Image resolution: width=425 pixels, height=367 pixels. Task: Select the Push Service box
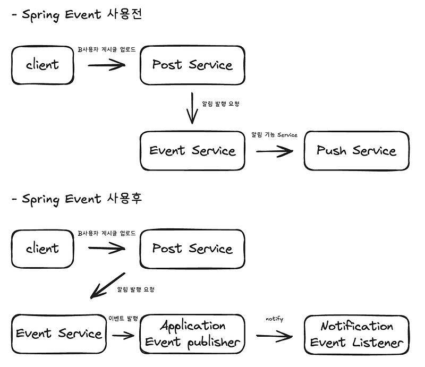point(356,151)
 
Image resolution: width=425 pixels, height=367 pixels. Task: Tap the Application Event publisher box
point(192,334)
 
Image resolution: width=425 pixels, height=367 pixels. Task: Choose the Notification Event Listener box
point(356,334)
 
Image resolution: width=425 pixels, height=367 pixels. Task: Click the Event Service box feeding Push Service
point(192,151)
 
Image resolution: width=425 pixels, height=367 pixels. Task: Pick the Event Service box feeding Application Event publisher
point(58,334)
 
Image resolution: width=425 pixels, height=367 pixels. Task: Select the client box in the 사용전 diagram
point(42,65)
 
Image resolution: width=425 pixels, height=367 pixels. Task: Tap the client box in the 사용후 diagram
point(42,248)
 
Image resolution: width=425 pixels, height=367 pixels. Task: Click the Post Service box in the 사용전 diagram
point(192,65)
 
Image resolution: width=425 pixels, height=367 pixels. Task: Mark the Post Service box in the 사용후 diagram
point(192,248)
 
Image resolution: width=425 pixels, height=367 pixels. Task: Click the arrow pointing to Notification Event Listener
point(274,336)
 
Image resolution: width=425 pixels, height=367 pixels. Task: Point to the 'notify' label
point(274,319)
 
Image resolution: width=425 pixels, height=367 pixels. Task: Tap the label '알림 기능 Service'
point(274,135)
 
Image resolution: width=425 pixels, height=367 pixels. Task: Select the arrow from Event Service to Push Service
point(274,151)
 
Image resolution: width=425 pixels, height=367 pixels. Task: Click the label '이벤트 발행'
point(123,318)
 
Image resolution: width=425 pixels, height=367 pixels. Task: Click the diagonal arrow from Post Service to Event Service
point(108,286)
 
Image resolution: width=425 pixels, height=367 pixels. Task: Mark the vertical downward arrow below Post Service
point(192,108)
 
